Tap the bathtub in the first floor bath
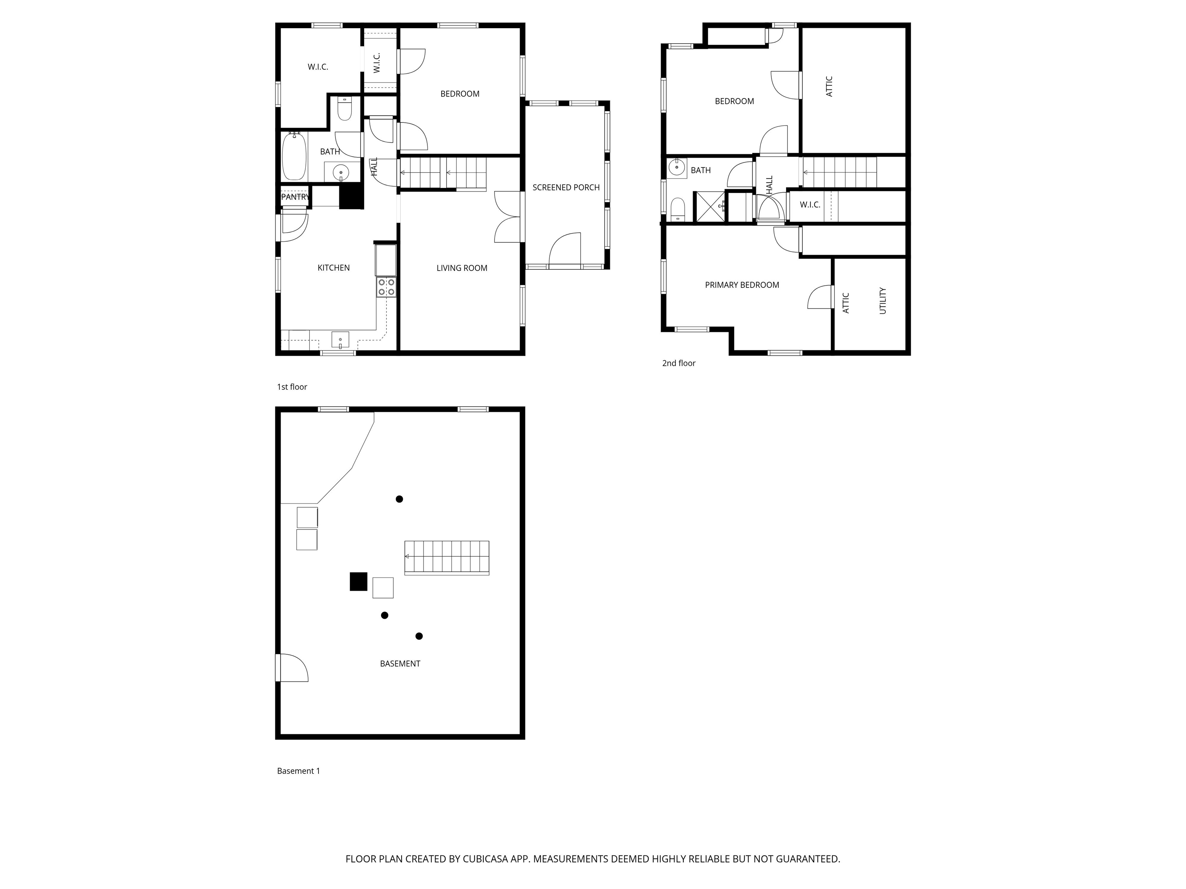[294, 156]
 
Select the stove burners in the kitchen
[386, 287]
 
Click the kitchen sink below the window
[340, 340]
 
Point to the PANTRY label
[294, 197]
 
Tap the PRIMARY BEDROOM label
[742, 285]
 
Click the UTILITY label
[883, 301]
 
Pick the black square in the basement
[358, 581]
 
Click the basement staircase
[447, 557]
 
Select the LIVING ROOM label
[462, 268]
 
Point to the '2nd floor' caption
[678, 363]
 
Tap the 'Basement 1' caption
[298, 771]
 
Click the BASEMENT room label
[400, 663]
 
